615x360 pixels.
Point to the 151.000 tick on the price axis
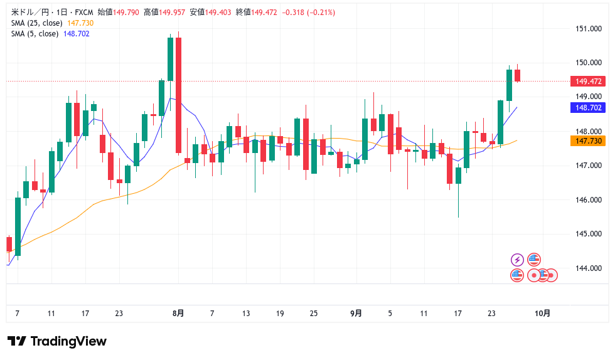[588, 28]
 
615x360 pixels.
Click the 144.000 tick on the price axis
[588, 268]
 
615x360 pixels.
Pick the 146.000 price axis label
[588, 199]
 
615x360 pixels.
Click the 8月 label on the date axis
[178, 313]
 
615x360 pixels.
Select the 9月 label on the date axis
[356, 313]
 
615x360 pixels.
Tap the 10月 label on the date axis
[543, 313]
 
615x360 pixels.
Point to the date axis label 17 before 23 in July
[85, 313]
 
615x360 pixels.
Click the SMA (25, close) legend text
[36, 23]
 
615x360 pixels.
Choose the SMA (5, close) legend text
[35, 33]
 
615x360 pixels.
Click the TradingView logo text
[68, 341]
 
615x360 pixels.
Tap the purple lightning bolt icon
[517, 260]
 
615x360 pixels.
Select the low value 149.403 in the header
[218, 12]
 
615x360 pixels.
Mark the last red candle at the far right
[518, 75]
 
